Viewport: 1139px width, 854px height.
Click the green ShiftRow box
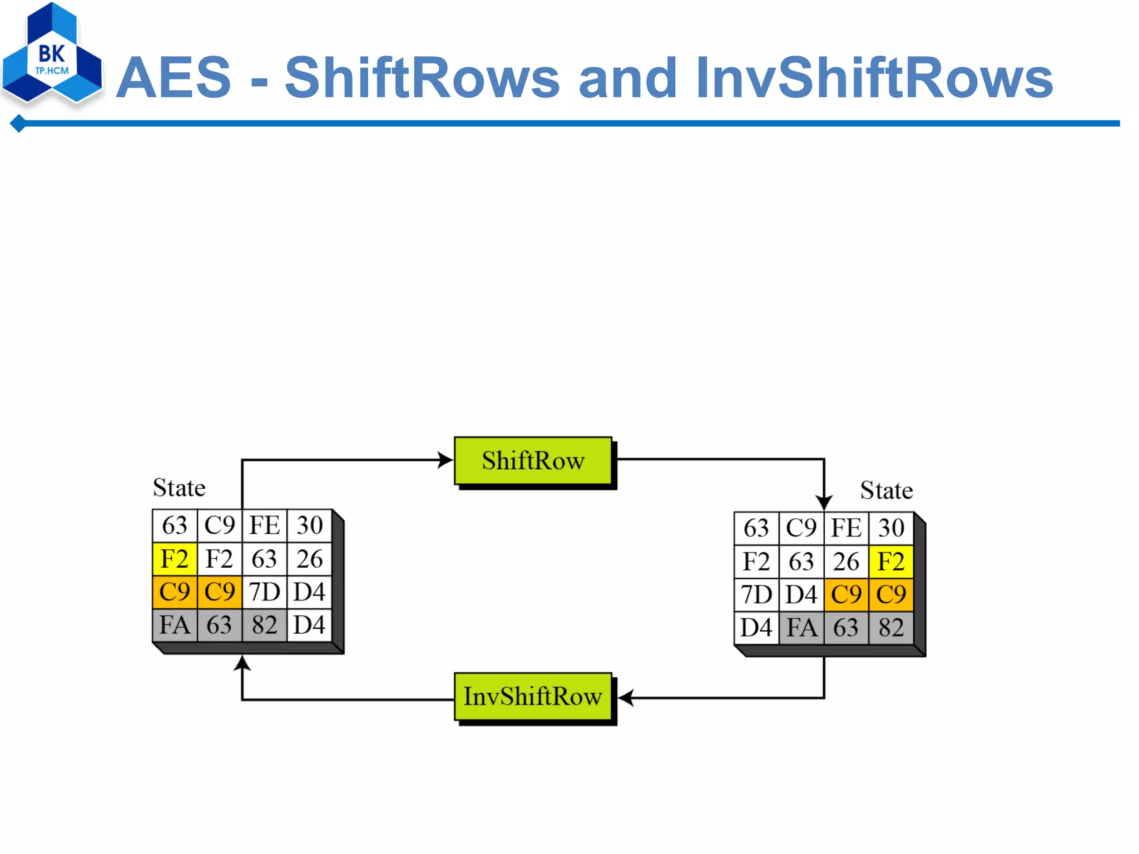533,460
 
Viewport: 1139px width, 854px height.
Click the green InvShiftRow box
533,696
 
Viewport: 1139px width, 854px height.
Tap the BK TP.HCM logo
52,56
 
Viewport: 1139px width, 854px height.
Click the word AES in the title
174,78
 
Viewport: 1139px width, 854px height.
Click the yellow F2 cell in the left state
175,559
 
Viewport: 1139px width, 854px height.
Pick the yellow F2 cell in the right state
891,562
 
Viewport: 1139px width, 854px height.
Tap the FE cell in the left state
264,525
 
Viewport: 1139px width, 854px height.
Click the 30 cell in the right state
891,528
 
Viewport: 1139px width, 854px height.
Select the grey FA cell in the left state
175,625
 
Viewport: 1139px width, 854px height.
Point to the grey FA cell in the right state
801,628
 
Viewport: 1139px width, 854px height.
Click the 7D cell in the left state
264,592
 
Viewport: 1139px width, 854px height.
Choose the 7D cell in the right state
756,595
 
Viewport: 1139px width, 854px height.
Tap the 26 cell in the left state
309,559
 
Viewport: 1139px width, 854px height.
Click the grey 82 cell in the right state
891,628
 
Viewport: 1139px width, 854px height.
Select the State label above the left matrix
179,488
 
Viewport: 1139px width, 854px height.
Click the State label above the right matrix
887,490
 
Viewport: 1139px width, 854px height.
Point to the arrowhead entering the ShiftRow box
445,460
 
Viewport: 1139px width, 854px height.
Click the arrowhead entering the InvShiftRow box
626,697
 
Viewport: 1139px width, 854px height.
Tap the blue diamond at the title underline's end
18,123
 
